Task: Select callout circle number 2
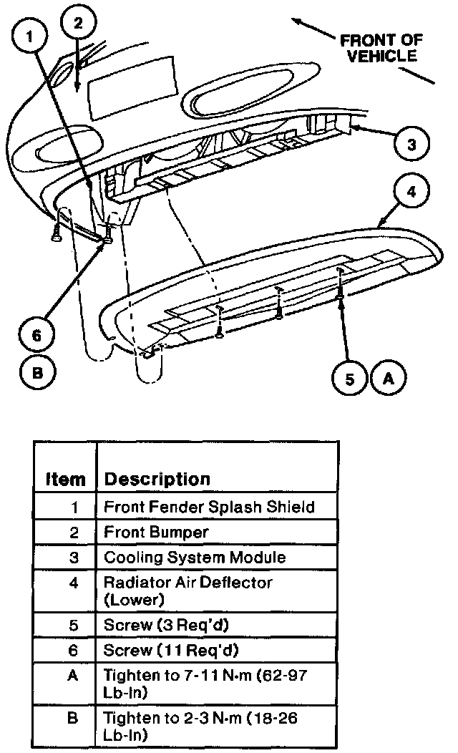point(79,24)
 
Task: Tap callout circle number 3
point(411,145)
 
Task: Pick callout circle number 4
point(411,193)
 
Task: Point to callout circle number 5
point(350,378)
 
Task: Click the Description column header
point(157,478)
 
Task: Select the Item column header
point(65,479)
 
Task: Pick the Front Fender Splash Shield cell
point(209,507)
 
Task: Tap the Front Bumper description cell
point(156,532)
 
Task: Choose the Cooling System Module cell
point(195,557)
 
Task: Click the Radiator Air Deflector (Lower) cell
point(187,591)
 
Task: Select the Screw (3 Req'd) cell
point(166,624)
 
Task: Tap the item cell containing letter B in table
point(72,717)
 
